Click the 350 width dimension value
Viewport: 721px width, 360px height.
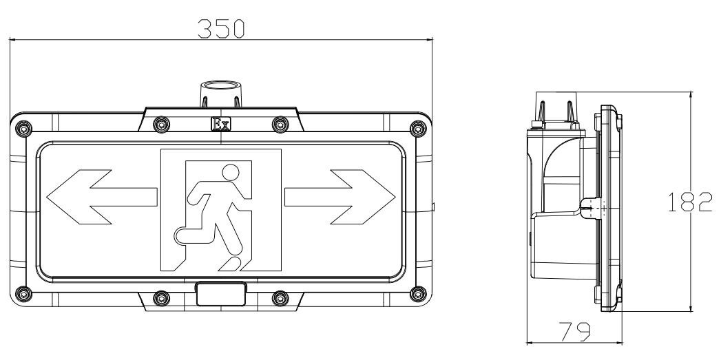[221, 28]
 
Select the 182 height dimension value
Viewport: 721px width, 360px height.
[690, 202]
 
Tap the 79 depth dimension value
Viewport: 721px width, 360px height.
[574, 331]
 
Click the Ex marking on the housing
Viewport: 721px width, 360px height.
[221, 124]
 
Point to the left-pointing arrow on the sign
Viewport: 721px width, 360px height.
[102, 197]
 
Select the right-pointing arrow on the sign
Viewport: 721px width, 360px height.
[339, 197]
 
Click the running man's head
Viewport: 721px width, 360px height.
[231, 172]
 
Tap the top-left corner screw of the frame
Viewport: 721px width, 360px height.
[23, 128]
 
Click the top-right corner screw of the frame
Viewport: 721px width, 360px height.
[418, 128]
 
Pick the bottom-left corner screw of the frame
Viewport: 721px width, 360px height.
[23, 293]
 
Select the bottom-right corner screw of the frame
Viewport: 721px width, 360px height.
[418, 293]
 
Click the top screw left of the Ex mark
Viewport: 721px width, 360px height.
[161, 124]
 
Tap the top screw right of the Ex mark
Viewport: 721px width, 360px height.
[280, 124]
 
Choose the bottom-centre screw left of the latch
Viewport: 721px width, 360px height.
[161, 298]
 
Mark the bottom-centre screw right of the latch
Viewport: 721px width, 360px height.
[280, 298]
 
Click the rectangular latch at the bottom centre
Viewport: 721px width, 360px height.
[221, 294]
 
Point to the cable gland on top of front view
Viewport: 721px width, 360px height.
[221, 94]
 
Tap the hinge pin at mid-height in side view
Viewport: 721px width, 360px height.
[591, 208]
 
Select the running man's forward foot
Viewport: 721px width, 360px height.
[231, 264]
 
